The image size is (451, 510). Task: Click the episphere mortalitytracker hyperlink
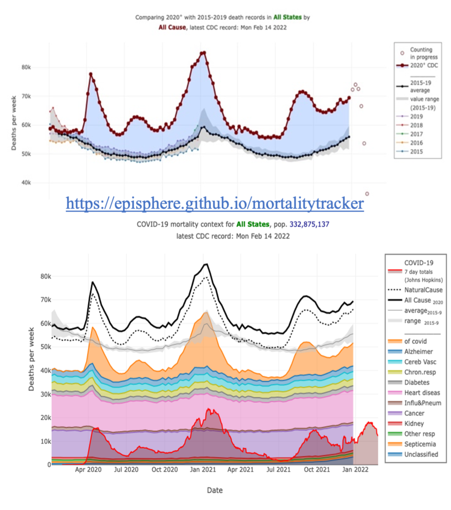pyautogui.click(x=214, y=204)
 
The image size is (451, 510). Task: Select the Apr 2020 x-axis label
pyautogui.click(x=88, y=470)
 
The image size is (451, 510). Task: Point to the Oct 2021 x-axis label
pyautogui.click(x=316, y=470)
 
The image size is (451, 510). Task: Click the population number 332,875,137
pyautogui.click(x=310, y=224)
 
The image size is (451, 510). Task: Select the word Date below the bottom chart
pyautogui.click(x=215, y=490)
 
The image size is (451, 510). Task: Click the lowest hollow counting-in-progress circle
pyautogui.click(x=367, y=194)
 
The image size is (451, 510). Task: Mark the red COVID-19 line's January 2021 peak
pyautogui.click(x=208, y=409)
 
